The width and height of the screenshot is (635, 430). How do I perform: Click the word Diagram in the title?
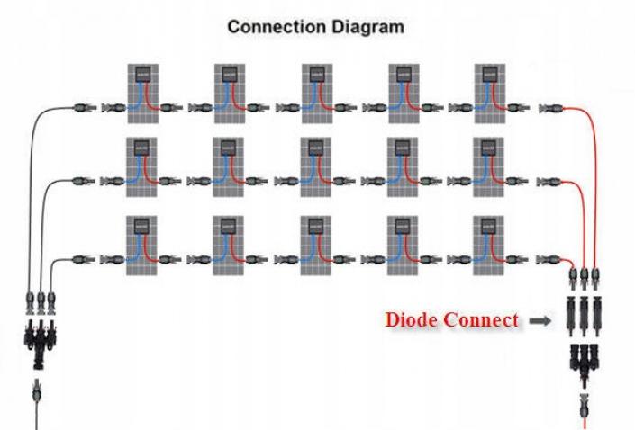coord(362,27)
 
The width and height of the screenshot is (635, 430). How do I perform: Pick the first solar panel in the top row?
coord(141,94)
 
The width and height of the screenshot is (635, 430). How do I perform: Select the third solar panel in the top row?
coord(315,94)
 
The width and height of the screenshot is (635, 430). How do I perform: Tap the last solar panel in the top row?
coord(490,94)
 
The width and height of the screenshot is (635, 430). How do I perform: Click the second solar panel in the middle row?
coord(228,168)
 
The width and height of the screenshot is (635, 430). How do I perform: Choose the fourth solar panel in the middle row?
coord(403,168)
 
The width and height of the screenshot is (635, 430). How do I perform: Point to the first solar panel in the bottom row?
coord(141,245)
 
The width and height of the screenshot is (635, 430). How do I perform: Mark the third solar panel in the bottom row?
coord(315,245)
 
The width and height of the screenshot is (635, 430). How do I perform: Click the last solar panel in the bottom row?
coord(490,245)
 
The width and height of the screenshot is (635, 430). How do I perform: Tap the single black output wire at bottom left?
coord(37,416)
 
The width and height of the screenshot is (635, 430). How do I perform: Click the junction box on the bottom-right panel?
coord(490,224)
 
